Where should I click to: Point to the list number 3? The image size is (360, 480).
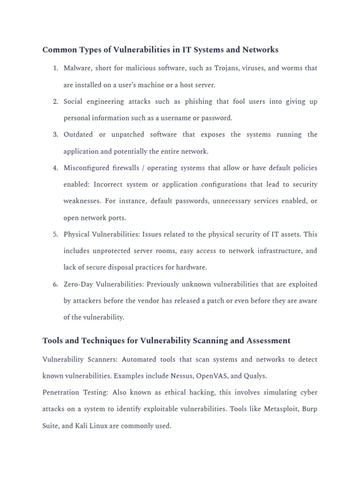tap(55, 135)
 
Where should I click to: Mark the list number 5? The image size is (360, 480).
tap(55, 234)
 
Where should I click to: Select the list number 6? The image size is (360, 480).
tap(55, 285)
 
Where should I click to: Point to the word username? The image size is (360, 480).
tap(171, 118)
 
